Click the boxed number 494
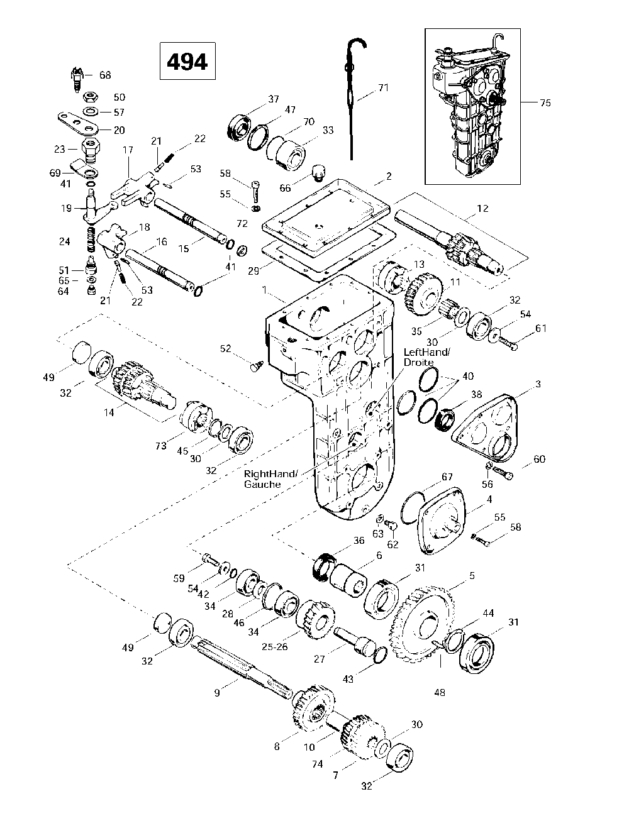tap(187, 62)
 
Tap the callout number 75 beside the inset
tap(545, 102)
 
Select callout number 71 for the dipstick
tap(383, 87)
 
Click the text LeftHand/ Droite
tap(427, 357)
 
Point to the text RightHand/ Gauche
tap(270, 479)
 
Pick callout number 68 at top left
tap(105, 75)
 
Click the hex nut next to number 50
tap(90, 97)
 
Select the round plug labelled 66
tap(319, 173)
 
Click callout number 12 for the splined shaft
tap(482, 208)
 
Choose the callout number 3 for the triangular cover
tap(538, 383)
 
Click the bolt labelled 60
tap(503, 472)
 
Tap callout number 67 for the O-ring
tap(447, 477)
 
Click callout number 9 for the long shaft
tap(217, 693)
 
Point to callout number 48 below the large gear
tap(439, 692)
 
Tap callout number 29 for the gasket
tap(253, 271)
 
